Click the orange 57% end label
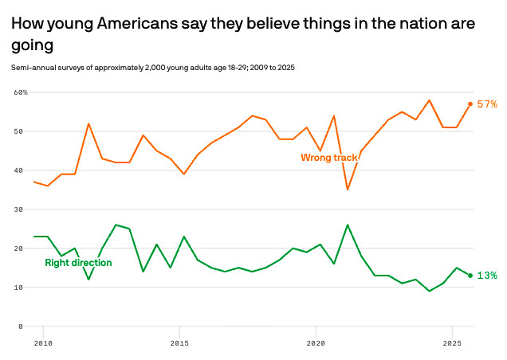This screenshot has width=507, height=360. [487, 104]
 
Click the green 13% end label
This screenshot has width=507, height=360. [487, 276]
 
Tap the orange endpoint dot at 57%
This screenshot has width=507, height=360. [470, 104]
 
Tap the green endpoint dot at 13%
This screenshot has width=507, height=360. [470, 276]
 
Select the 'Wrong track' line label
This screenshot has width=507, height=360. [328, 158]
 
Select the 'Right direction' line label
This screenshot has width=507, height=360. [78, 263]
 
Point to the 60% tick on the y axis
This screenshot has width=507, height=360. [21, 92]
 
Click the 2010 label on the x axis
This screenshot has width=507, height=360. [43, 342]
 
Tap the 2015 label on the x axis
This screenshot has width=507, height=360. [179, 342]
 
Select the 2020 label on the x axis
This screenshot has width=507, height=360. [316, 342]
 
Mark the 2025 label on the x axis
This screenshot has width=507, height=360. [452, 342]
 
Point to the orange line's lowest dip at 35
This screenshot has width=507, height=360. [348, 189]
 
